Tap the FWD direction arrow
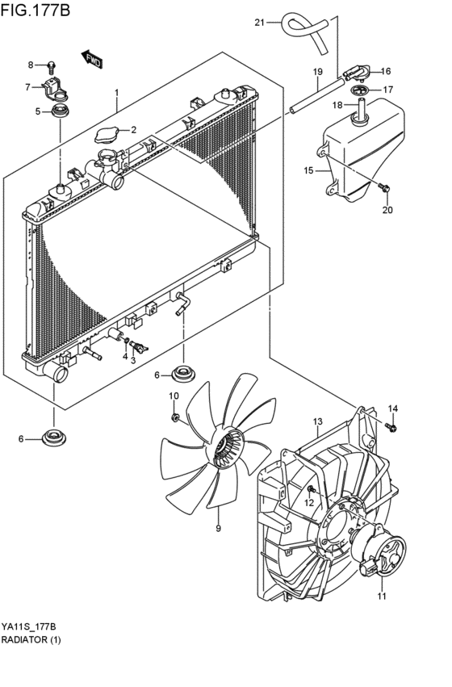92,58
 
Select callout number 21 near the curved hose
259,22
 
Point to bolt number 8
52,65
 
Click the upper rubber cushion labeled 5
59,111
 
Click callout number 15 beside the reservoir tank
308,170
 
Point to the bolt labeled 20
384,189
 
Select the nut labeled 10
175,417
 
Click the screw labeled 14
391,426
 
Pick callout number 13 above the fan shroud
317,421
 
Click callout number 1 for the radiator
117,93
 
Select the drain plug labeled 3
142,348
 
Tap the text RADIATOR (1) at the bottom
31,639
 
